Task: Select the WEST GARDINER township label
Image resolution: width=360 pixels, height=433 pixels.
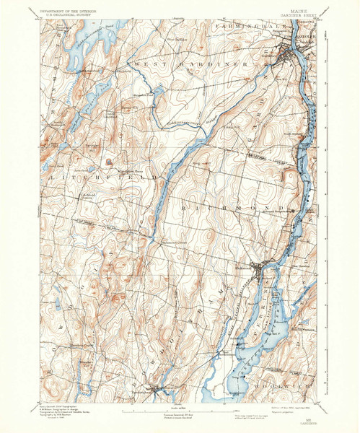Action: pyautogui.click(x=195, y=64)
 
